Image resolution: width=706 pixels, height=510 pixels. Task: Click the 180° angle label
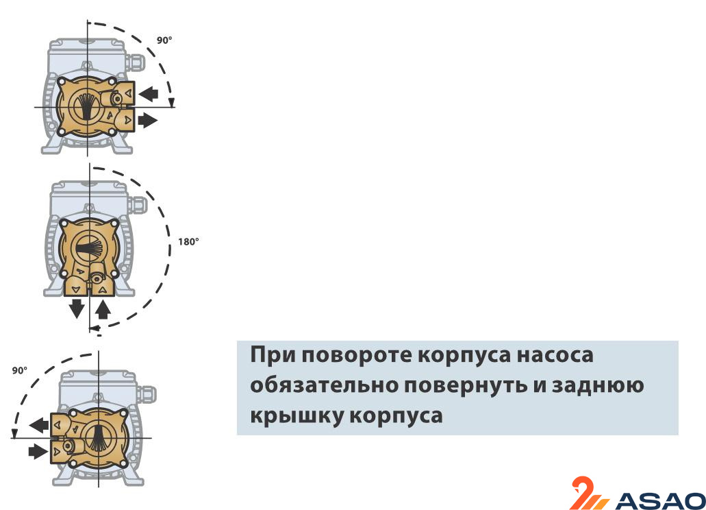(188, 242)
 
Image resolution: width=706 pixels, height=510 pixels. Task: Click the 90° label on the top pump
(164, 40)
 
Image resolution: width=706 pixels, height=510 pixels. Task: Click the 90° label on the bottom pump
(20, 370)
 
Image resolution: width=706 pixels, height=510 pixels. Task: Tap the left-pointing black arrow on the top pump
(148, 93)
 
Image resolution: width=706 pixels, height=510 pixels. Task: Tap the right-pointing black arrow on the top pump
(147, 121)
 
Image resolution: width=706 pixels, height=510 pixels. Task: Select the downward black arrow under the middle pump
(77, 308)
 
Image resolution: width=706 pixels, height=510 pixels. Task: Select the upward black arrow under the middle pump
(103, 310)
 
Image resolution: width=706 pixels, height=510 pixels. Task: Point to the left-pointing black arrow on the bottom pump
(39, 425)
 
